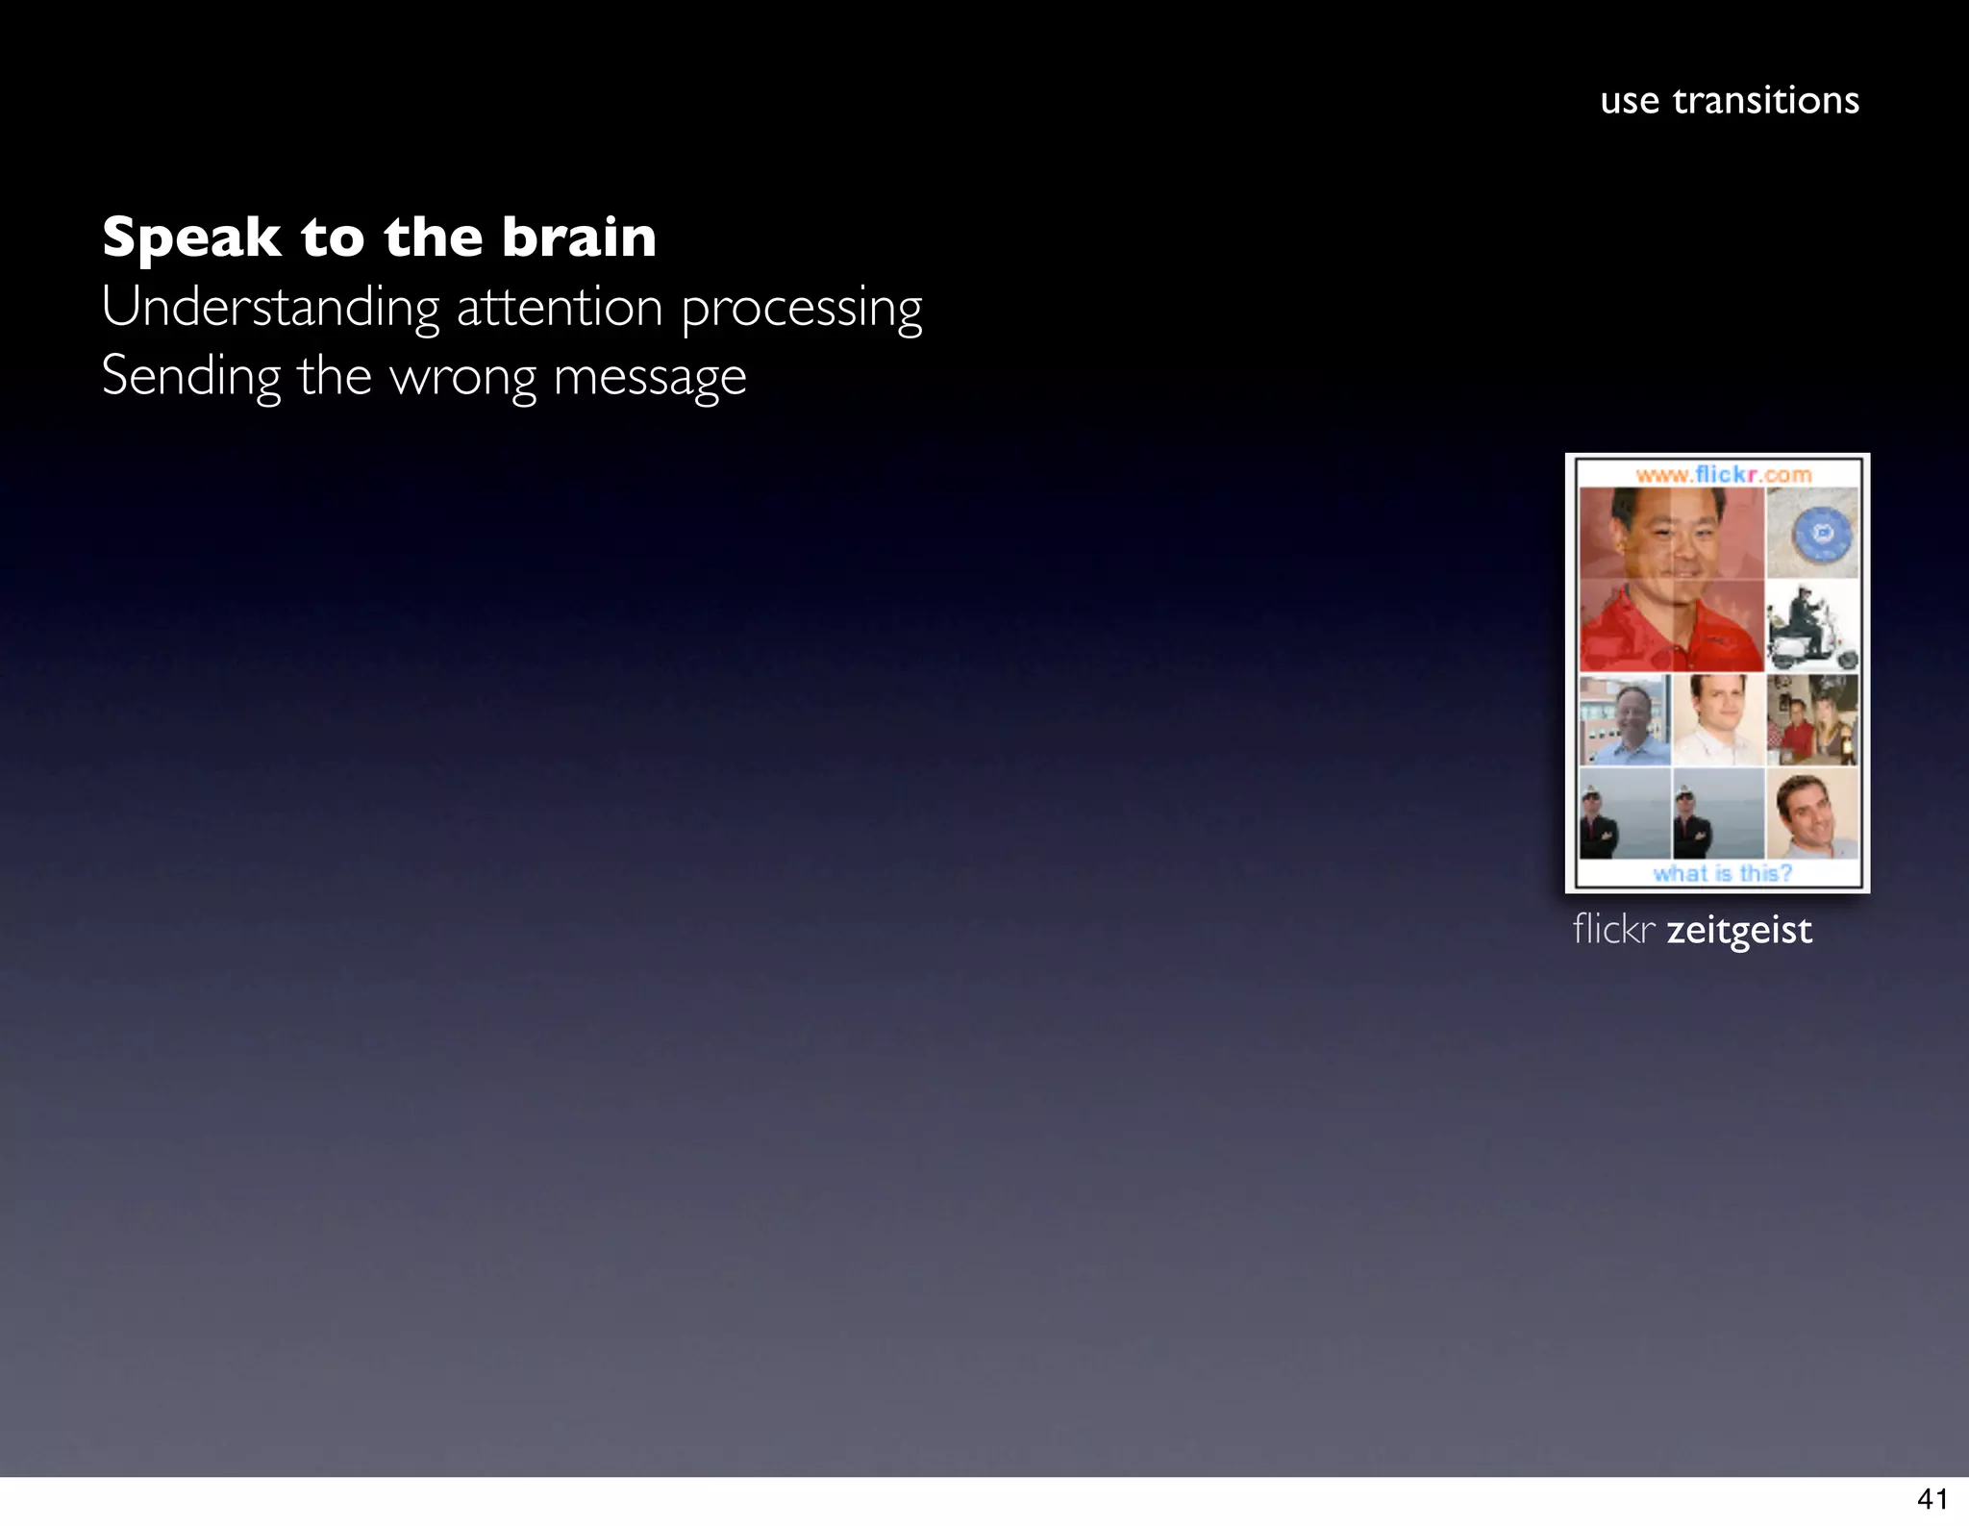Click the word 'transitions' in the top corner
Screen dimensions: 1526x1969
[x=1765, y=101]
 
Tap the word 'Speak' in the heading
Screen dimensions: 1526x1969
[x=191, y=238]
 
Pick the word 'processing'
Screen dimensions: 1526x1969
[x=802, y=310]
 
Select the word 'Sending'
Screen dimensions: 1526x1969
[x=190, y=377]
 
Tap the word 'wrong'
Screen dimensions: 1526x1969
[x=462, y=378]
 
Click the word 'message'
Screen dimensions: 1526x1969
[x=650, y=378]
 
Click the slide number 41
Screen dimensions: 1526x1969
[x=1932, y=1499]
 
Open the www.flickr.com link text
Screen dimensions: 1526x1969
[x=1723, y=474]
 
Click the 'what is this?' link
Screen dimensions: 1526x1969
[x=1722, y=873]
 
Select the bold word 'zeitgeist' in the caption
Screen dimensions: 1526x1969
[x=1739, y=931]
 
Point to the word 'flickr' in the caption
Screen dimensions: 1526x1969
[x=1613, y=930]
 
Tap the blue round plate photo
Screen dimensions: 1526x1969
[x=1812, y=533]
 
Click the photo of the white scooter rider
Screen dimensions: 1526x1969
[x=1812, y=626]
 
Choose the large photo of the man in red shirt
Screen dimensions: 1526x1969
[x=1671, y=579]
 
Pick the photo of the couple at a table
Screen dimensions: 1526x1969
[x=1812, y=719]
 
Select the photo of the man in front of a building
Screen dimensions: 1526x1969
[x=1625, y=719]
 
